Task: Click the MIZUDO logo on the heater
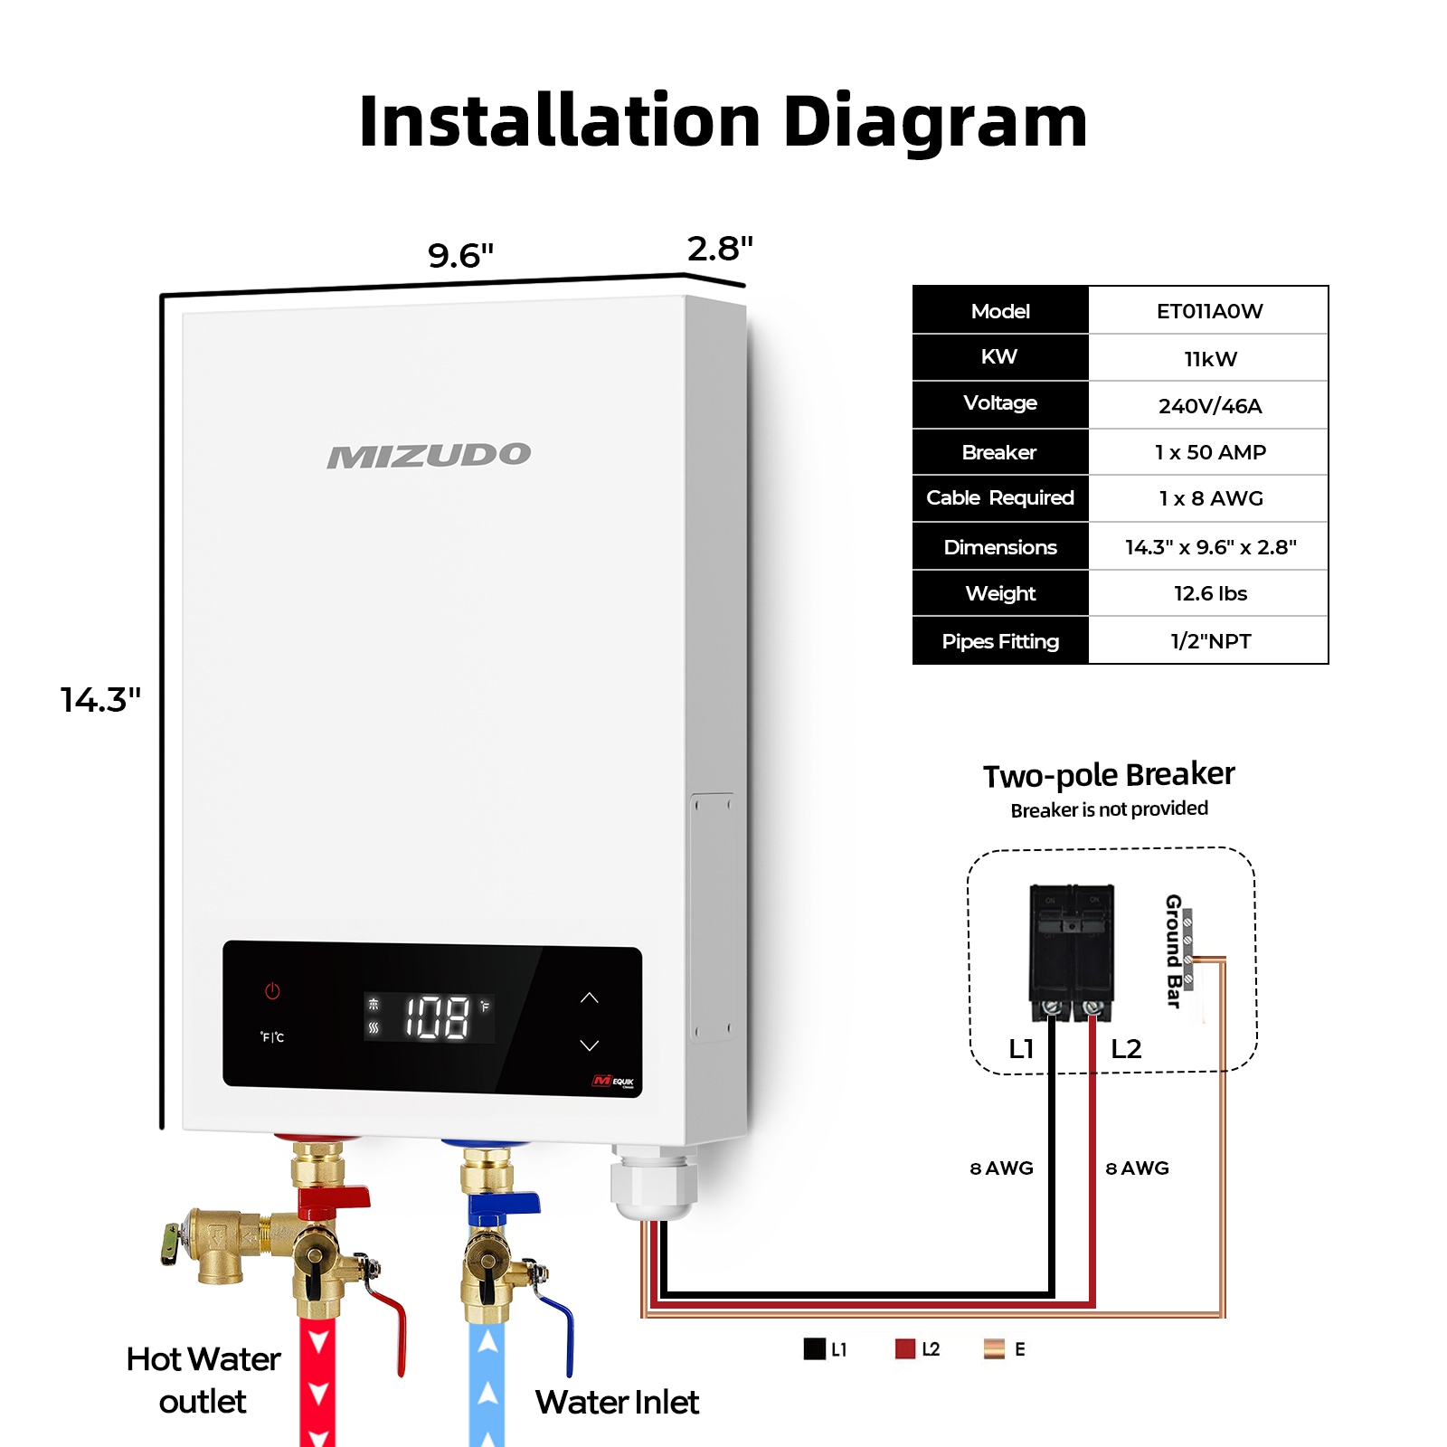coord(429,456)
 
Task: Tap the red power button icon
coord(272,991)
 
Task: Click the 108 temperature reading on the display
coord(436,1017)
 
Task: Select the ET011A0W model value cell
coord(1209,311)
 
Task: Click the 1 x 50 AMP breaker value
coord(1209,452)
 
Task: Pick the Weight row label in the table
coord(1000,593)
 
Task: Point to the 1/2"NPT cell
coord(1209,641)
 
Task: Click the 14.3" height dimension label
coord(100,700)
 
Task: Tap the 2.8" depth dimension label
coord(720,249)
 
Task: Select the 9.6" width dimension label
coord(460,256)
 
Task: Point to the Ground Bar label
coord(1174,950)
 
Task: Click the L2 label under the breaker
coord(1126,1049)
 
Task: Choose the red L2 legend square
coord(904,1348)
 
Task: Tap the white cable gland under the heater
coord(654,1185)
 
